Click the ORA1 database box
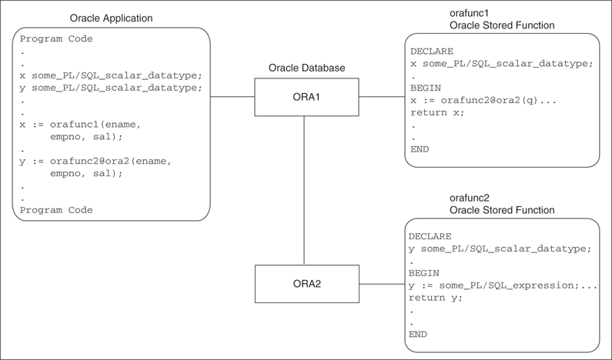[x=306, y=98]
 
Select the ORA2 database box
[x=306, y=284]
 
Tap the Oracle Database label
[x=306, y=68]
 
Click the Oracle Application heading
[x=111, y=18]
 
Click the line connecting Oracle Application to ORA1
[x=232, y=98]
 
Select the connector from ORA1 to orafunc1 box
[x=381, y=98]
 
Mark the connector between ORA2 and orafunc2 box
[x=382, y=284]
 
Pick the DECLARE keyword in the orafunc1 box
[x=432, y=52]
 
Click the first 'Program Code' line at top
[x=56, y=38]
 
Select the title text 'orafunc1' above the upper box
[x=470, y=14]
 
